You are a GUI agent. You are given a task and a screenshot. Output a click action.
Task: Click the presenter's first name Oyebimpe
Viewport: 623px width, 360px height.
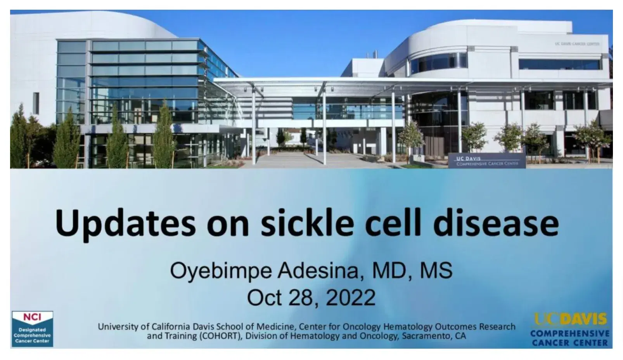pos(221,272)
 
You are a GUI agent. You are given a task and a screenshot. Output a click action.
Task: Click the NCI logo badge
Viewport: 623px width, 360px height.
pos(32,329)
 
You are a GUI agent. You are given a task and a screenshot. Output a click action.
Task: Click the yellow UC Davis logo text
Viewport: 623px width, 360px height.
pos(570,319)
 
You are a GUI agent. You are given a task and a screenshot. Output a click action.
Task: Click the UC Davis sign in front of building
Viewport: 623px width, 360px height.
pos(487,161)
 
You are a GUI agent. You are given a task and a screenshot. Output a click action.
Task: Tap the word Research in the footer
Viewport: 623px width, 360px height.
pos(496,326)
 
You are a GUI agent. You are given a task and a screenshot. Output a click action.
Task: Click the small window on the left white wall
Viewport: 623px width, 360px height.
pos(36,103)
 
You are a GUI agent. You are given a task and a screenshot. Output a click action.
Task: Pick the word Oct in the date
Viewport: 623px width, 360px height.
pos(265,298)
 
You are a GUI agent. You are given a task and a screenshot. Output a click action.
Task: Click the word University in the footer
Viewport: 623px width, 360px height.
pos(118,327)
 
